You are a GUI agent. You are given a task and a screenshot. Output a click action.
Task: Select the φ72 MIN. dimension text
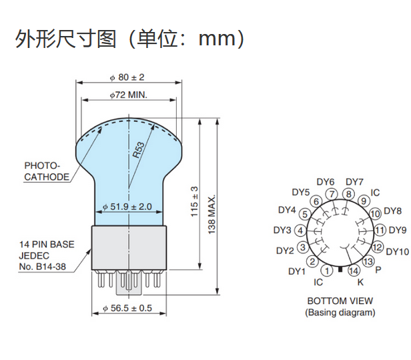[129, 95]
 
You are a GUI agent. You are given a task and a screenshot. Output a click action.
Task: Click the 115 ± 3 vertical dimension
[195, 201]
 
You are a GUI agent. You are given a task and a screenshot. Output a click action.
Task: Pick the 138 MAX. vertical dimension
[213, 213]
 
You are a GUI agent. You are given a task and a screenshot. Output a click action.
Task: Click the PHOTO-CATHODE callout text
[47, 171]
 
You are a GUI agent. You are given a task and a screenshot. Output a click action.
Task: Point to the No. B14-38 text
[42, 267]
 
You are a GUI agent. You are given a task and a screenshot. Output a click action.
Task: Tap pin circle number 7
[332, 194]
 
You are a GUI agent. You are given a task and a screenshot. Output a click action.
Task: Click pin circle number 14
[354, 270]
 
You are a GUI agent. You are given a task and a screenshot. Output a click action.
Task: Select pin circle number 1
[326, 271]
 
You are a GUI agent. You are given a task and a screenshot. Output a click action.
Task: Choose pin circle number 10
[374, 213]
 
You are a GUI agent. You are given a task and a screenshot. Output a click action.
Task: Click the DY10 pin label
[397, 251]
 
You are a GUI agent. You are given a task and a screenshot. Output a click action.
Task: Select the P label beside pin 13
[378, 270]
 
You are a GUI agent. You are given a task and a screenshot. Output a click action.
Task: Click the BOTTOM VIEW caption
[340, 301]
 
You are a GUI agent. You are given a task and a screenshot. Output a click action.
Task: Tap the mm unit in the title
[219, 38]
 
